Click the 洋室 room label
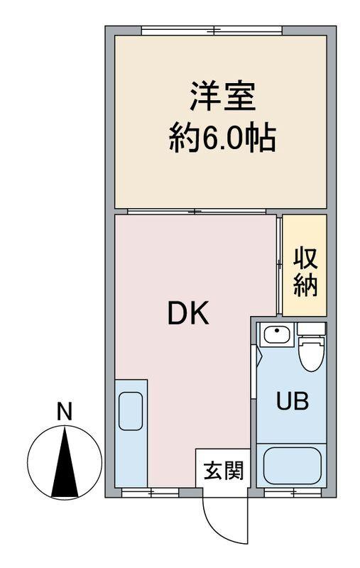222,97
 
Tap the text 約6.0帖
222,137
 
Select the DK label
188,313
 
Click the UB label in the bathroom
292,402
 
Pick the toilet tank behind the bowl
311,329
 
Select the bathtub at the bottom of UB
291,465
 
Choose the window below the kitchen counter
150,491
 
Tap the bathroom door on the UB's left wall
253,369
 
